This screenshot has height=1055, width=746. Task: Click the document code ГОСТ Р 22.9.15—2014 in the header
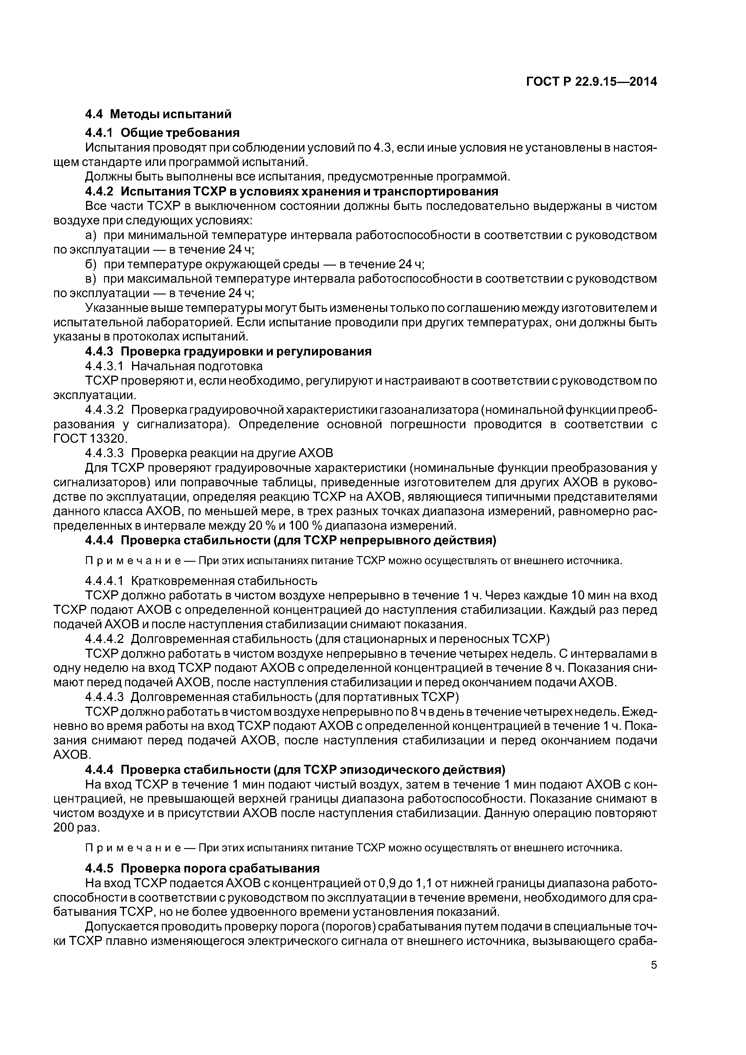tap(591, 82)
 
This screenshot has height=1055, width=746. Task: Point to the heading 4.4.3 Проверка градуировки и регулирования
tap(228, 352)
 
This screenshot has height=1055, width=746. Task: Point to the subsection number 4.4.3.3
tap(105, 453)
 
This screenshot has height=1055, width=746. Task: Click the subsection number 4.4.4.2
tap(105, 639)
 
